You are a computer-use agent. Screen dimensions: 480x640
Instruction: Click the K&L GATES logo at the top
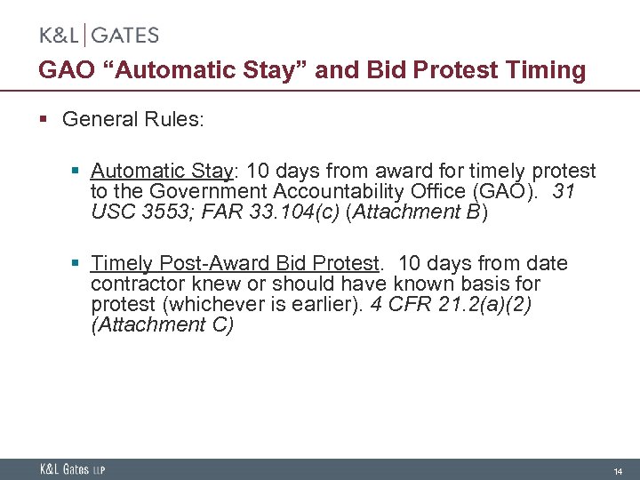point(99,36)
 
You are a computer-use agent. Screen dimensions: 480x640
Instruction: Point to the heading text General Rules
point(133,119)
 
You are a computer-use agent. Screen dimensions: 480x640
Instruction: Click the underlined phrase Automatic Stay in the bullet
point(161,171)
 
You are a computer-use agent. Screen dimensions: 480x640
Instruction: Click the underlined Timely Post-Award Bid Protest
point(236,263)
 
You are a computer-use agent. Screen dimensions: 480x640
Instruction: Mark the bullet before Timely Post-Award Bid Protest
point(77,263)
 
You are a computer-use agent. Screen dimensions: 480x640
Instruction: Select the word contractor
point(133,284)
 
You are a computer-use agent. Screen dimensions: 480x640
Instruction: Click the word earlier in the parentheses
point(339,304)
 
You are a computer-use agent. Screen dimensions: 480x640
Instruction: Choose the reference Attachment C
point(162,324)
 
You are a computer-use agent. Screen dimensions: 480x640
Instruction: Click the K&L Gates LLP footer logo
point(71,469)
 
